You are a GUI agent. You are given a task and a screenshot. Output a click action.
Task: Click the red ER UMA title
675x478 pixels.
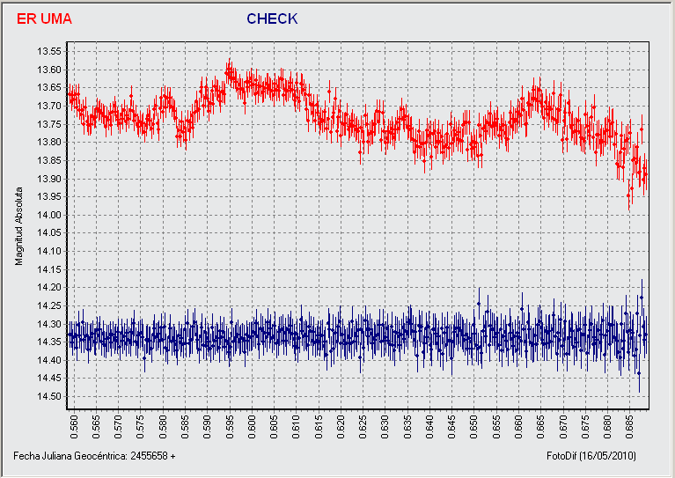tap(44, 19)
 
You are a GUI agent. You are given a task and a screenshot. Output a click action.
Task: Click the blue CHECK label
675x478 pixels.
tap(272, 19)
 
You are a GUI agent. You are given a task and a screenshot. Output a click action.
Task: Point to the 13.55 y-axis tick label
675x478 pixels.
tap(49, 52)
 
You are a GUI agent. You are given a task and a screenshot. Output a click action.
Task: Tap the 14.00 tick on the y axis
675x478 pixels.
tap(49, 215)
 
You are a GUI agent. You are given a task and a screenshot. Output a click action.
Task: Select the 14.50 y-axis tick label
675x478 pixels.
tap(49, 396)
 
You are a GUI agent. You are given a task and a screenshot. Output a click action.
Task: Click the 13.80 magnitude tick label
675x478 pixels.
tap(49, 142)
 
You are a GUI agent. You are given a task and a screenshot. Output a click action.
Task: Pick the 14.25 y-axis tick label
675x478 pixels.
tap(49, 305)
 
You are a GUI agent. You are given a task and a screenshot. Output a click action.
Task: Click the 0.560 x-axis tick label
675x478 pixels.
tap(74, 427)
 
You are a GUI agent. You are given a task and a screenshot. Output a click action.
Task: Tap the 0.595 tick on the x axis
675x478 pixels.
tap(230, 427)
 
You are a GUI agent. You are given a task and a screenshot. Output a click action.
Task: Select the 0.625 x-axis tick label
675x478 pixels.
tap(363, 427)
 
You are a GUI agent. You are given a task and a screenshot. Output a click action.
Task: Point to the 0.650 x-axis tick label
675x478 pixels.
tap(474, 427)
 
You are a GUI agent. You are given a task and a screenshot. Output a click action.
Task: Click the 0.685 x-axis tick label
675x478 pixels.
tap(629, 427)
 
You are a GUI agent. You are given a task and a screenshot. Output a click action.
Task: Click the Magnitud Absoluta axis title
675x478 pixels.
tap(18, 226)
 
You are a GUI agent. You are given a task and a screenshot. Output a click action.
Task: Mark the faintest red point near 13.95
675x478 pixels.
tap(628, 195)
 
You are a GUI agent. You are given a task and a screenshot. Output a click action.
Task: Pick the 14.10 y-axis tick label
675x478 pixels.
tap(49, 251)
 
